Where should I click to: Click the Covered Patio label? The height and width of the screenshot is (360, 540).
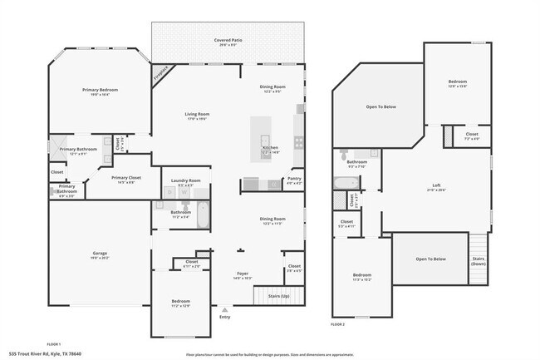(x=227, y=38)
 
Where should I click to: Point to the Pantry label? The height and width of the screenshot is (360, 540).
(x=294, y=178)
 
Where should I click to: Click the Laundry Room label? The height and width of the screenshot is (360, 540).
(x=186, y=180)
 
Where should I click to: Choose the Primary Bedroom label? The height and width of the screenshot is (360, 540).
(x=100, y=89)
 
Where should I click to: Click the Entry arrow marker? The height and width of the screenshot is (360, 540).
(x=224, y=309)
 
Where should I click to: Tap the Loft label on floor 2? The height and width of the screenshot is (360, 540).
(x=436, y=185)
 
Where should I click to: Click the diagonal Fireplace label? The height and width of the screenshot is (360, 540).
(x=160, y=73)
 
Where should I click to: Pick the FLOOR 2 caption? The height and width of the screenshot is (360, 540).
(x=338, y=323)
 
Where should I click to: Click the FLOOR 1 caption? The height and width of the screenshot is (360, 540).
(x=54, y=343)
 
